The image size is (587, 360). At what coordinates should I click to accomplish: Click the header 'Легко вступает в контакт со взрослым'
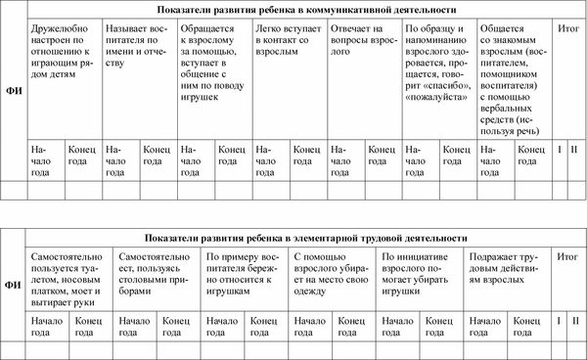[x=288, y=37]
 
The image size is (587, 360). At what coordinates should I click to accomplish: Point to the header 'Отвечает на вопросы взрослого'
[x=362, y=37]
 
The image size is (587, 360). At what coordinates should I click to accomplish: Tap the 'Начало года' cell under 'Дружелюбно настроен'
[x=45, y=157]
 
